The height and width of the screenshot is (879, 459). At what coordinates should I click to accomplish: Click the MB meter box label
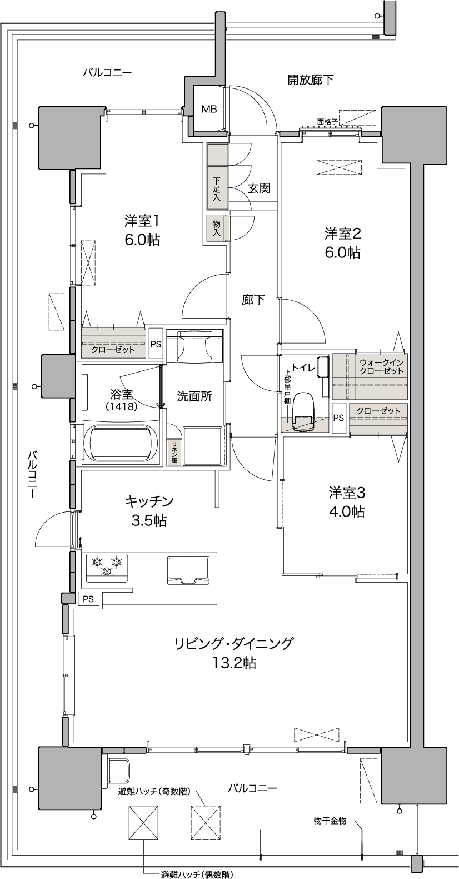point(209,109)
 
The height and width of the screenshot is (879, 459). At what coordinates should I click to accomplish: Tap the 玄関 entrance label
point(259,188)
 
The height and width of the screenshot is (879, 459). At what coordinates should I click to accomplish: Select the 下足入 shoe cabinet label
point(217,189)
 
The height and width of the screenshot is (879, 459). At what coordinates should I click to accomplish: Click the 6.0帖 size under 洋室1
point(142,240)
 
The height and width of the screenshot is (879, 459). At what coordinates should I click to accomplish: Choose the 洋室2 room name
point(342,234)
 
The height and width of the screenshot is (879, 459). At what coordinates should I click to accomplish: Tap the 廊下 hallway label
point(253,300)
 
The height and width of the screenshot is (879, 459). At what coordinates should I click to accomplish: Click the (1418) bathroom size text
point(121,406)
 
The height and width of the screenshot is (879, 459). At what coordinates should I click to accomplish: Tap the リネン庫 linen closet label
point(173,452)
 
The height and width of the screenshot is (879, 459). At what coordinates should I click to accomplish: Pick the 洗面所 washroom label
point(194,396)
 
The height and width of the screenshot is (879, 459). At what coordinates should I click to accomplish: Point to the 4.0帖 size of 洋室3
point(347,511)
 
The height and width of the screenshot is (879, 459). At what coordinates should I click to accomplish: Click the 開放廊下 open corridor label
point(311,80)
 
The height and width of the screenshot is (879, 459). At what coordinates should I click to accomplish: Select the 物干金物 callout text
point(330,820)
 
